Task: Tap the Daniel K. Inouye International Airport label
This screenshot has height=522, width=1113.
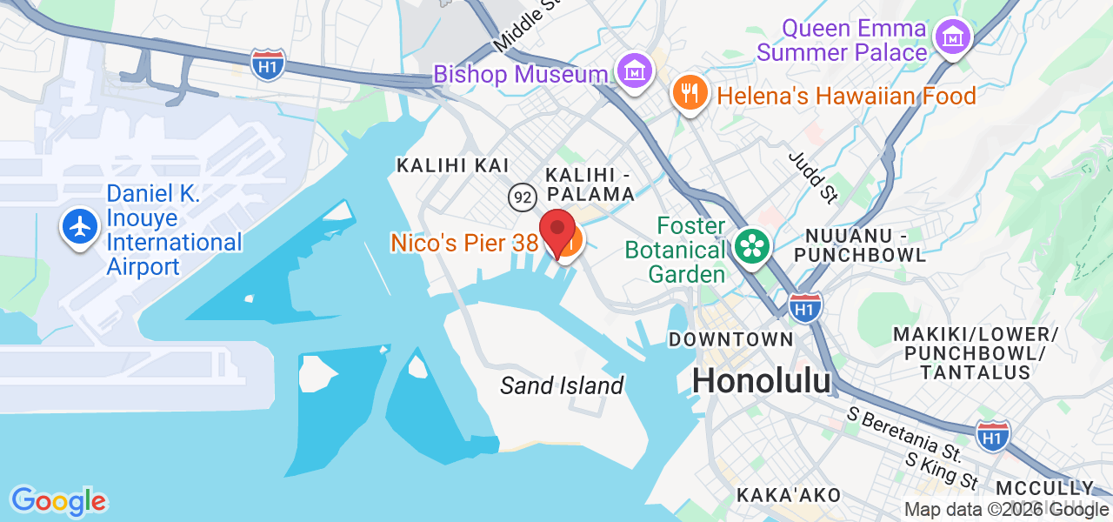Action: pos(174,231)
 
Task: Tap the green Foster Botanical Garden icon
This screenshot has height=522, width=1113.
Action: pos(750,246)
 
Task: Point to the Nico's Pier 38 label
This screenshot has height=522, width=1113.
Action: pos(464,243)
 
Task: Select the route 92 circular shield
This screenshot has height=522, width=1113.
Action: pos(522,197)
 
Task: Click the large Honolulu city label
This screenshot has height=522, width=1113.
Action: pos(761,380)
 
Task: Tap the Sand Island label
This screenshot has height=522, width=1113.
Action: pos(562,385)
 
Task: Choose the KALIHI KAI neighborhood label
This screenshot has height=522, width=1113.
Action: pos(452,165)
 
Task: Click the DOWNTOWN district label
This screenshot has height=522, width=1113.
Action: pos(730,338)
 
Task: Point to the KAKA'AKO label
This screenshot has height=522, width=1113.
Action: pos(789,495)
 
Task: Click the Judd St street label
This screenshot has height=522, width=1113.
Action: pos(812,177)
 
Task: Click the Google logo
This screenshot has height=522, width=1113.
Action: pos(58,501)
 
